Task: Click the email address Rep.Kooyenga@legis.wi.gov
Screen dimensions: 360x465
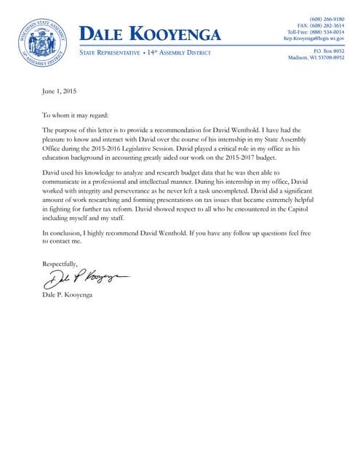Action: pos(313,39)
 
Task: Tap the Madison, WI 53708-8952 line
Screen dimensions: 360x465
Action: pos(316,57)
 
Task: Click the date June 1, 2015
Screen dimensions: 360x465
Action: pos(59,92)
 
